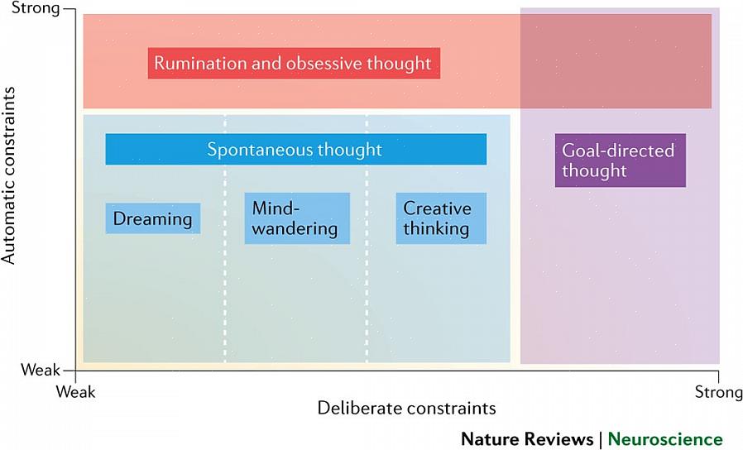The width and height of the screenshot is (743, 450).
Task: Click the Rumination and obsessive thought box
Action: tap(294, 64)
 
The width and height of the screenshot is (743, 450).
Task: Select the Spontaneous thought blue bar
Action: tap(295, 150)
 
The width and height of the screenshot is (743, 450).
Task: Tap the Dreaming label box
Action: tap(153, 218)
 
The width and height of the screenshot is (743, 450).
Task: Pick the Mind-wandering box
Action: tap(296, 218)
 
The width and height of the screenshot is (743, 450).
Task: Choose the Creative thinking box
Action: tap(440, 218)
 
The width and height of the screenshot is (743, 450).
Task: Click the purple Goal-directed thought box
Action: tap(620, 160)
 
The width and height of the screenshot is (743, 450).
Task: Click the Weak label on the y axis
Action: tap(40, 371)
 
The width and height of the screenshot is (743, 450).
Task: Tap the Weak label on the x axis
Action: tap(76, 391)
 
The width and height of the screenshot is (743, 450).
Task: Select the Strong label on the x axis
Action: tap(718, 391)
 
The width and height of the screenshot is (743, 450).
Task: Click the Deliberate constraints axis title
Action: tap(406, 408)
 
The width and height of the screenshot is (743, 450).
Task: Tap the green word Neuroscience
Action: tap(665, 438)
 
